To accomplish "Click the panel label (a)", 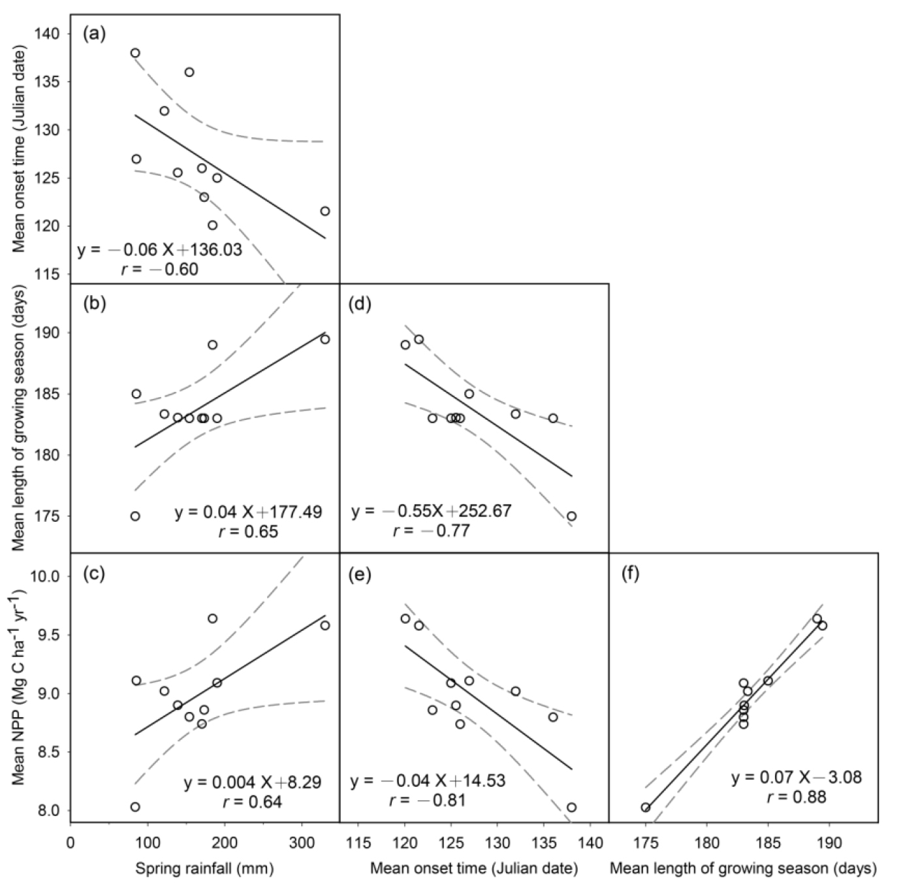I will (94, 34).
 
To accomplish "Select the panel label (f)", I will (632, 574).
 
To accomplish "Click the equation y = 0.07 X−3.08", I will (796, 777).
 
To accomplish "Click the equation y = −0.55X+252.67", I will (431, 511).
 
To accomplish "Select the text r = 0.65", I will (248, 532).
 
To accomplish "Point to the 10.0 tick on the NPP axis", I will (45, 576).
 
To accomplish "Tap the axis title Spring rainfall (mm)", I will (204, 868).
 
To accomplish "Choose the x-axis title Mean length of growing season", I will (743, 868).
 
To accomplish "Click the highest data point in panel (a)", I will (135, 53).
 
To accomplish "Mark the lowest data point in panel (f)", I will (646, 807).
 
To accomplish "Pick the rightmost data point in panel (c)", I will (325, 625).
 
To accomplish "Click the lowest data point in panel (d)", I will (571, 516).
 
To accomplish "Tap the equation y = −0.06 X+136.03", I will (160, 249).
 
